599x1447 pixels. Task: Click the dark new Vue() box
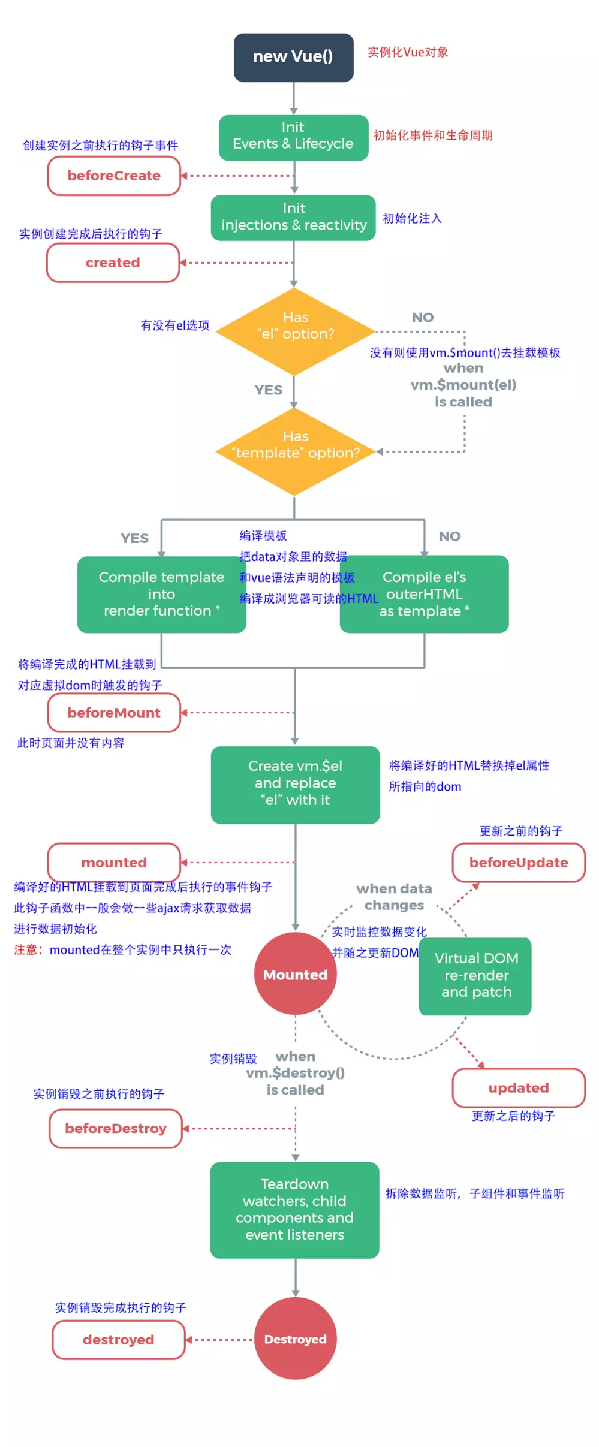pos(293,58)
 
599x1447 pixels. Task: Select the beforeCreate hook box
pos(114,176)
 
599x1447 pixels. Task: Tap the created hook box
pos(113,263)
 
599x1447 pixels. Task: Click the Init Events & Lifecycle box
pos(293,137)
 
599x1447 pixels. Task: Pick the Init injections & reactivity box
pos(293,218)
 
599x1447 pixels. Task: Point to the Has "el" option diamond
pos(295,331)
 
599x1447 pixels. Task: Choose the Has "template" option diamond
pos(295,451)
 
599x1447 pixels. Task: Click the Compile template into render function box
pos(161,594)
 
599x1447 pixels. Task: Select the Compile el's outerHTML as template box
pos(425,594)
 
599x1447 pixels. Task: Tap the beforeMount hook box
pos(114,713)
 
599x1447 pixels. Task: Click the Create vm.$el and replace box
pos(295,784)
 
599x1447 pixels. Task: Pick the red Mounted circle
pos(295,974)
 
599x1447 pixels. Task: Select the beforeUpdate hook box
pos(519,863)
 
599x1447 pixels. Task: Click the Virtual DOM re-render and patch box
pos(475,976)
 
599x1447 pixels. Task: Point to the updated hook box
pos(519,1088)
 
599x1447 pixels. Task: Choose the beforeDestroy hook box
pos(116,1129)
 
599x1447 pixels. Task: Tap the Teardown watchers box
pos(294,1210)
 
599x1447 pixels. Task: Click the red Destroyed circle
pos(295,1339)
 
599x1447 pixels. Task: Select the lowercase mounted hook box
pos(114,863)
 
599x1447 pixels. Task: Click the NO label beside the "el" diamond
pos(423,318)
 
